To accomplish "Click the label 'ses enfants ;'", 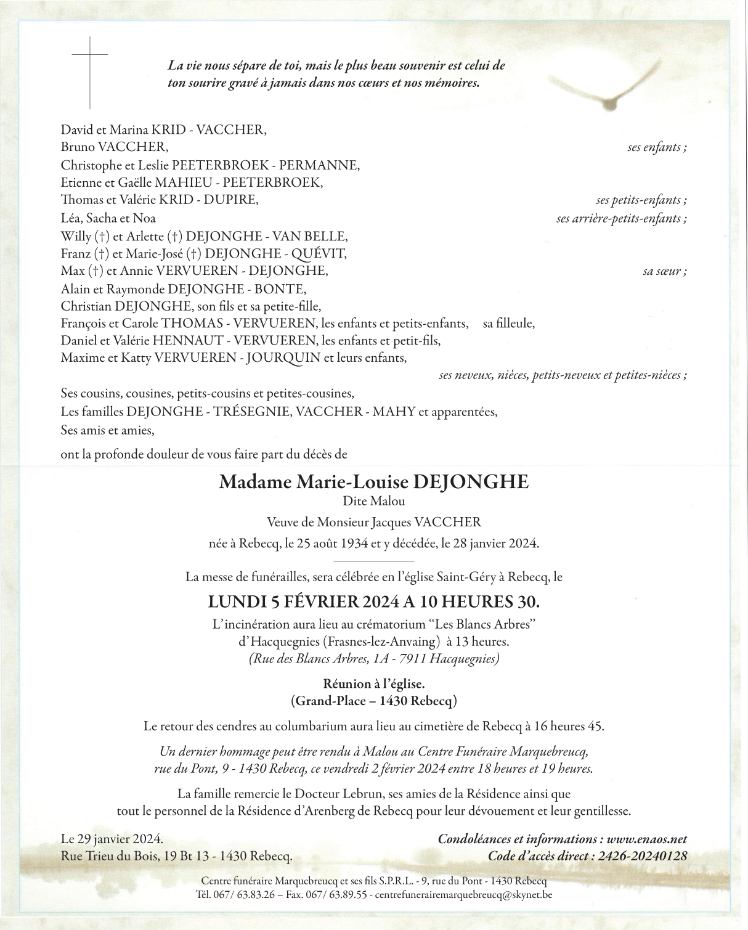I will [x=657, y=147].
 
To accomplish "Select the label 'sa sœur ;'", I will [x=665, y=271].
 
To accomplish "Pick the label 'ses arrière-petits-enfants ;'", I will [x=621, y=218].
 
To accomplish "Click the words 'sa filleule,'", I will [x=509, y=323].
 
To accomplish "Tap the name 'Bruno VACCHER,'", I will [x=114, y=147].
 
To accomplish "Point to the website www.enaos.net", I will [x=646, y=839].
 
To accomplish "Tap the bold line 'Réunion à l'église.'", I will [x=374, y=683].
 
